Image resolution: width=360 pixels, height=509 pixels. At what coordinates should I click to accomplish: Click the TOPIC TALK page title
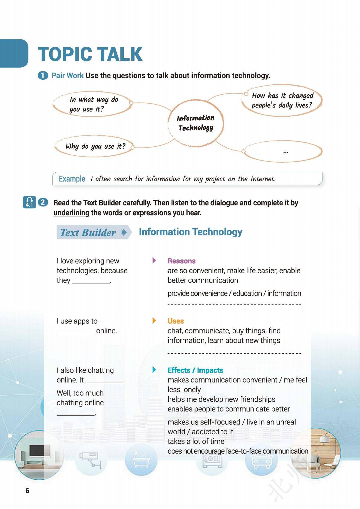coord(90,54)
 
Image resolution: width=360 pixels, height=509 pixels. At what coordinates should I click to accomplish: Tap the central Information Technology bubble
coord(196,123)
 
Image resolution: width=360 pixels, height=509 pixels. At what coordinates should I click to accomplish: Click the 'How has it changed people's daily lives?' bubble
coord(282,100)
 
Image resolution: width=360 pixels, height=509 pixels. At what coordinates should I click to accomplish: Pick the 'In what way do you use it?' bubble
coord(93,104)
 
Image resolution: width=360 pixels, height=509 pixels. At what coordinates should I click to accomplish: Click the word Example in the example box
coord(72,179)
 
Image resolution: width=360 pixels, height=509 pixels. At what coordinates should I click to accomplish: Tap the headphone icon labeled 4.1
coord(29,202)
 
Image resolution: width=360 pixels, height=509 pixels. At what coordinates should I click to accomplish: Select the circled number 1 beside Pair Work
coord(43,75)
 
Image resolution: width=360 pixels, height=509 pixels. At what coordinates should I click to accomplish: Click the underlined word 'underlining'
coord(71,213)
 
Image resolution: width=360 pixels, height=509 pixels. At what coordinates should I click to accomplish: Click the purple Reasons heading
coord(182,261)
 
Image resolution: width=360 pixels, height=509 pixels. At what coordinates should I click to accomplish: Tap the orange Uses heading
coord(175,321)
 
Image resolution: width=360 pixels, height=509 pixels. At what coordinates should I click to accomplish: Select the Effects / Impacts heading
coord(195,370)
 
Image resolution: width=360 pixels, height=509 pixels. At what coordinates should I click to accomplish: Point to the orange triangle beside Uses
coord(154,320)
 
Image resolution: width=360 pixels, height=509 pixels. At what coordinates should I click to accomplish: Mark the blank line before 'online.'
coord(76,332)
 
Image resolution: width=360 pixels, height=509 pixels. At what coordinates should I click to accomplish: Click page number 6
coord(27,490)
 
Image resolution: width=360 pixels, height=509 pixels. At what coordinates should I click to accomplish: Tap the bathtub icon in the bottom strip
coord(141,460)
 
